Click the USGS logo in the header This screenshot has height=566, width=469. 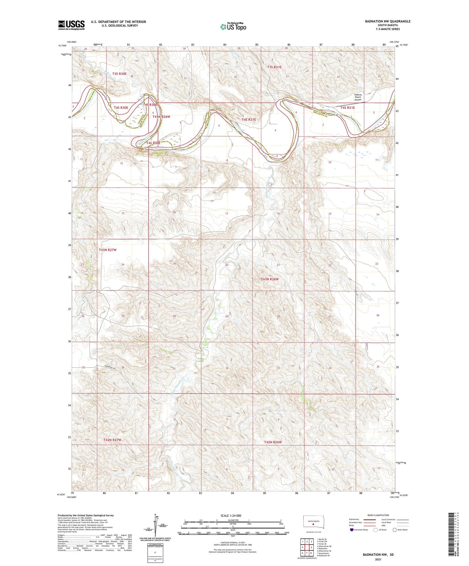coord(71,25)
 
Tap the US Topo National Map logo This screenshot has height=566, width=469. coord(233,26)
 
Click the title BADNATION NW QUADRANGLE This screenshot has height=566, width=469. coord(388,21)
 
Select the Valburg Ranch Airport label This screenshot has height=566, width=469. coord(358,97)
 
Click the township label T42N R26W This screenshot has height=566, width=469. coord(273,442)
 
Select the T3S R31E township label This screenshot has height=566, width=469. coord(274,67)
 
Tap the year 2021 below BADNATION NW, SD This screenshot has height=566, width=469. coord(378,560)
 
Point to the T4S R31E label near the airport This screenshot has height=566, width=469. coord(347,108)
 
